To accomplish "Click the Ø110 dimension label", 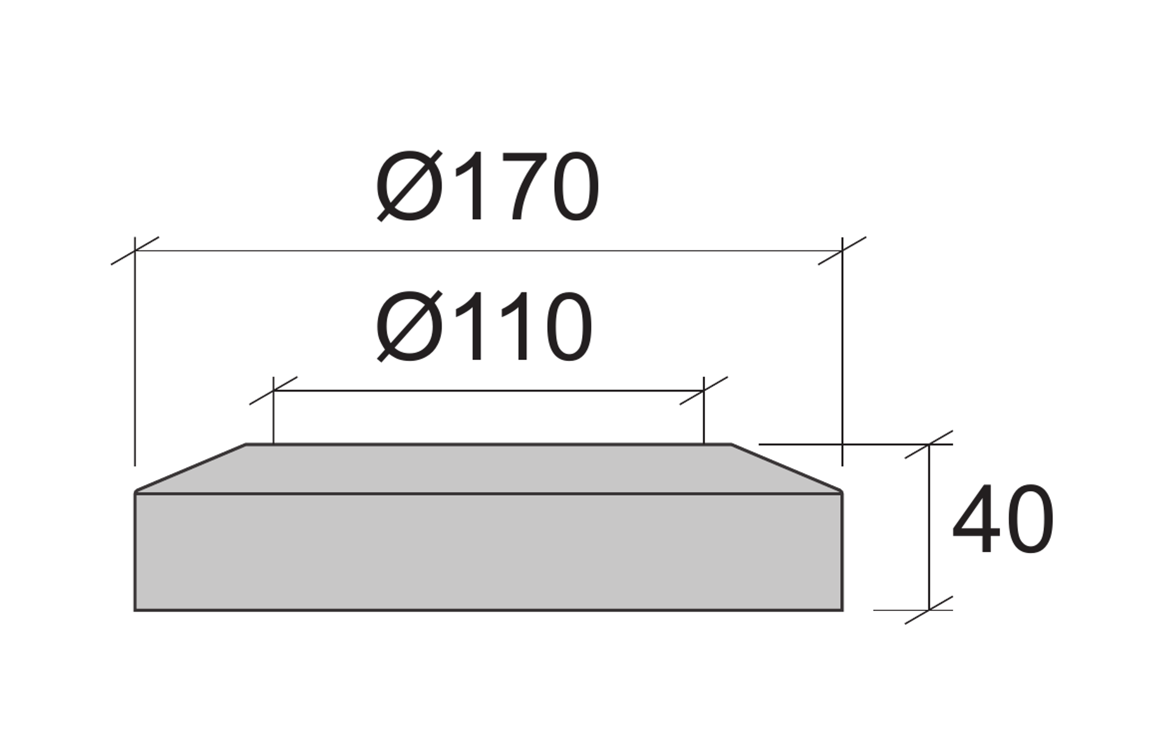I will coord(484,327).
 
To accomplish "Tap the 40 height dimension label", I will coord(1003,519).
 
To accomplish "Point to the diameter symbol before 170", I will coord(409,187).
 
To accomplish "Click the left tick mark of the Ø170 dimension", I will coord(134,250).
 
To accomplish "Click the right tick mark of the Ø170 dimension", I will coord(842,250).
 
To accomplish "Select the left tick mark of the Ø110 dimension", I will coord(273,390).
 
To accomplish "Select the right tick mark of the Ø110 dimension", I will coord(704,390).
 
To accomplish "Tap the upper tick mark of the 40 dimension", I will coord(929,444).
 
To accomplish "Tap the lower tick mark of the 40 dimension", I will coord(929,609).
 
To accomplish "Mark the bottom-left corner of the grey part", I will coord(135,609).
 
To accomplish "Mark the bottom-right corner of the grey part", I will coord(842,609).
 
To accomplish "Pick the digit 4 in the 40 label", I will coord(976,519).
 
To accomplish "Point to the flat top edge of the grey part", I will coord(487,444).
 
